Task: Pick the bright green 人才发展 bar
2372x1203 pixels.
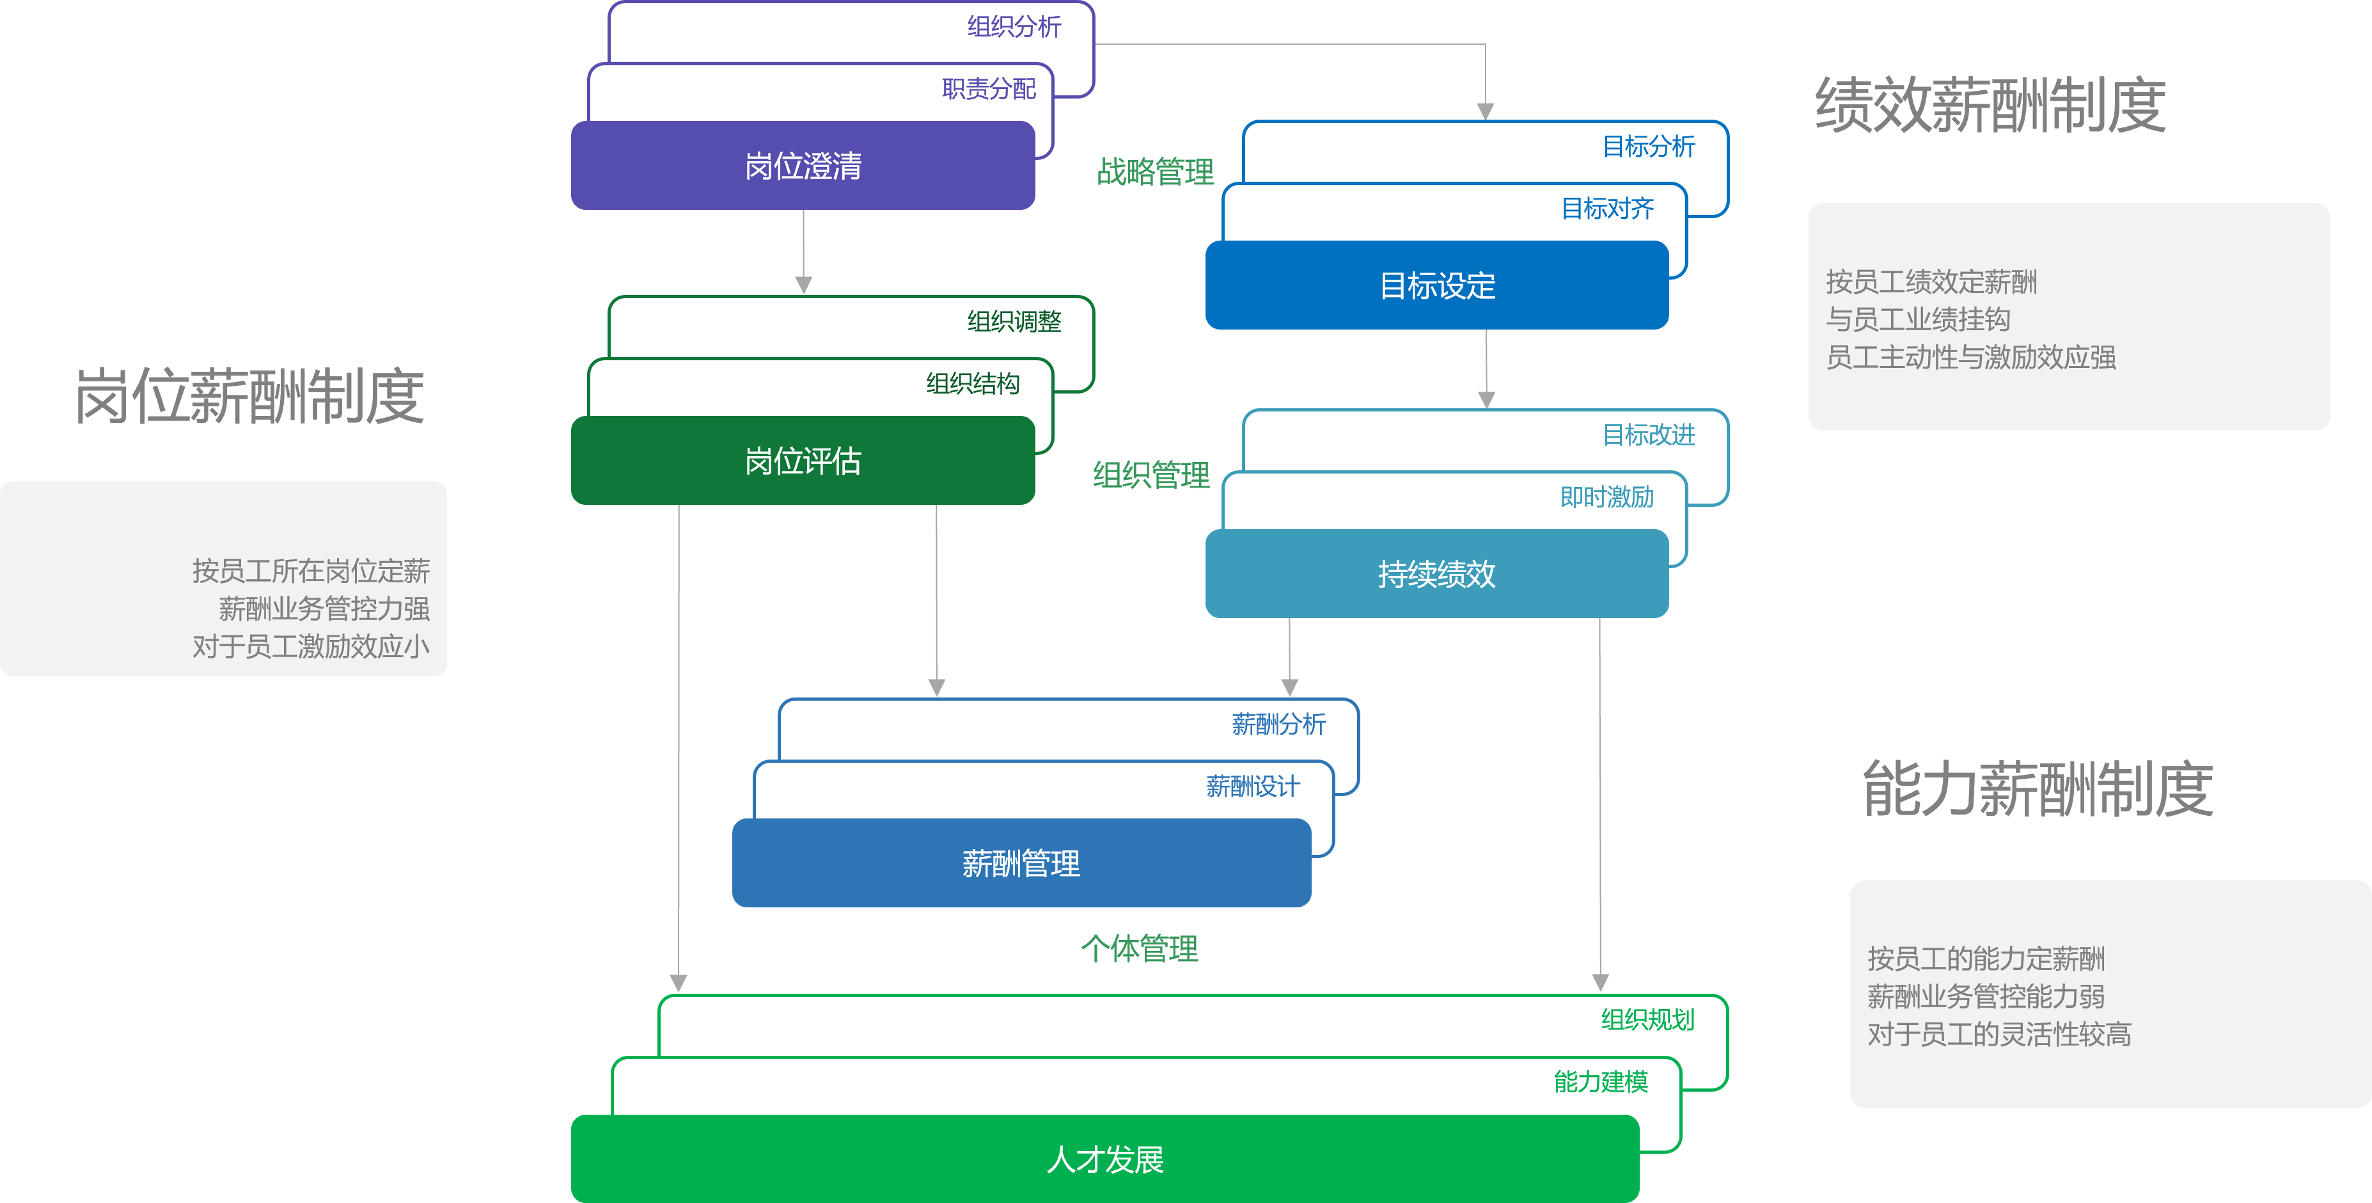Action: [1105, 1159]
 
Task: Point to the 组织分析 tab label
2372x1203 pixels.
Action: [1014, 27]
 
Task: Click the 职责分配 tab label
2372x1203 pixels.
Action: [988, 88]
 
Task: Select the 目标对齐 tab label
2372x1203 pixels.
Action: [1607, 208]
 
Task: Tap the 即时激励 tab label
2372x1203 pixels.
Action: [1607, 497]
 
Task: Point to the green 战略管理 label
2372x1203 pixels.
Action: [1155, 171]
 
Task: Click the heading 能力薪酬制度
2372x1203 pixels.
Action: [2038, 790]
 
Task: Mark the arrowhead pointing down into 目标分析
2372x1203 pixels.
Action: [1485, 111]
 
